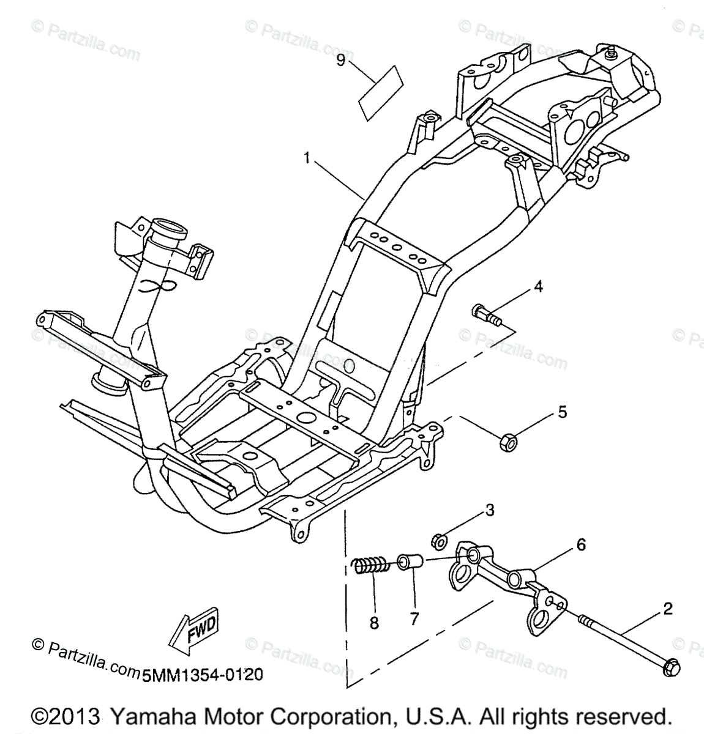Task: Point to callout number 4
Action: pos(537,286)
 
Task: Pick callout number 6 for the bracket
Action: pos(580,543)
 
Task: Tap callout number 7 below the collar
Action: pos(414,619)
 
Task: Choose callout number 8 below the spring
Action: pos(374,623)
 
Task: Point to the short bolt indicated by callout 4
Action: pos(487,316)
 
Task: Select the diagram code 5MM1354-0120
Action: pos(203,675)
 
